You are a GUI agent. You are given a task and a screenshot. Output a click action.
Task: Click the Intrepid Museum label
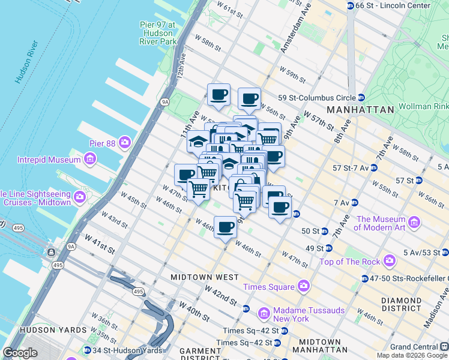(x=49, y=160)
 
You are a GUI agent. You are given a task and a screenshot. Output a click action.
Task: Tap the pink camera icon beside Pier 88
(x=124, y=142)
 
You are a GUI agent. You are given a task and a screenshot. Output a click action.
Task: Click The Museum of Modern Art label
(x=382, y=223)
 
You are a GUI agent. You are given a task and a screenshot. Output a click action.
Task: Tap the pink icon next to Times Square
(x=304, y=286)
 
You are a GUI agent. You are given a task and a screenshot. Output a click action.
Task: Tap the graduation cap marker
(x=197, y=142)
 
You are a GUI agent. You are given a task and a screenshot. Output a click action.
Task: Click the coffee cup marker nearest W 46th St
(x=226, y=227)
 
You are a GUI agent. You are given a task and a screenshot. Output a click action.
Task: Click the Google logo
(x=20, y=353)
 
